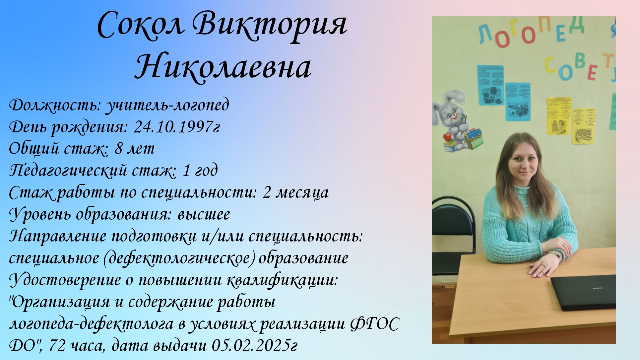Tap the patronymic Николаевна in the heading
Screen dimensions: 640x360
[223, 67]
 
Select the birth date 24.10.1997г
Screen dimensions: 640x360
[177, 126]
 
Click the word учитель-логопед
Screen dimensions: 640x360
[167, 105]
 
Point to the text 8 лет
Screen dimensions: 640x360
[135, 148]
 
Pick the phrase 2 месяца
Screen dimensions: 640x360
[295, 192]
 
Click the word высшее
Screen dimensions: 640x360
[204, 214]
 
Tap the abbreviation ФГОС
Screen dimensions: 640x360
[375, 324]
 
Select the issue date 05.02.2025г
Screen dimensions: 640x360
[254, 345]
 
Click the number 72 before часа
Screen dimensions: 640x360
[57, 345]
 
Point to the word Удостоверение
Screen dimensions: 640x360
[65, 280]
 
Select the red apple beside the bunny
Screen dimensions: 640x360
[447, 136]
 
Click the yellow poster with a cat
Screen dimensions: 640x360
[583, 126]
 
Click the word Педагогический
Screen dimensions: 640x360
[68, 171]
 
